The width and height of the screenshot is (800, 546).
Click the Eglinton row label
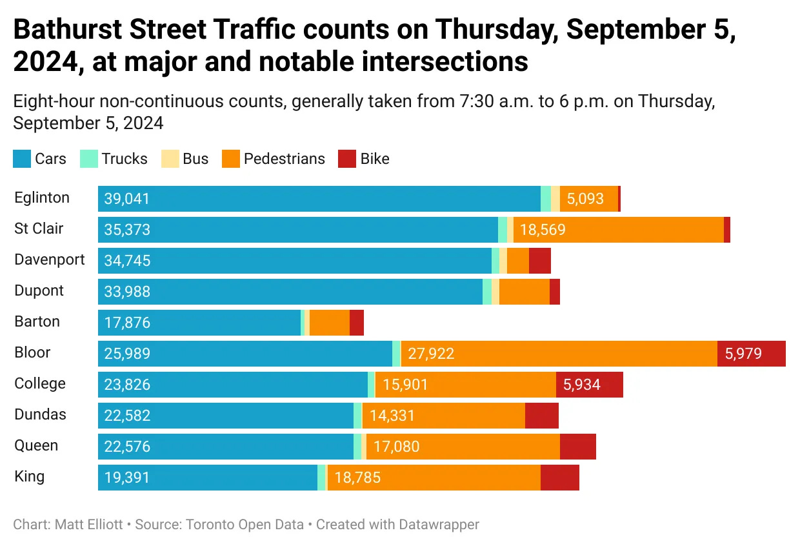(x=42, y=198)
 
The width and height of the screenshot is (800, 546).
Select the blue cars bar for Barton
(x=199, y=323)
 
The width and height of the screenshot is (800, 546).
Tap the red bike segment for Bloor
(x=752, y=354)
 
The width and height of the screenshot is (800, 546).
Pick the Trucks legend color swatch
(x=89, y=159)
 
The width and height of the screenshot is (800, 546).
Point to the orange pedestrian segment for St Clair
(x=618, y=230)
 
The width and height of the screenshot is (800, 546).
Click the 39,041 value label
(x=127, y=199)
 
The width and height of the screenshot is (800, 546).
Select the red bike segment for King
(x=559, y=478)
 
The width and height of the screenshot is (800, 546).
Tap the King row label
(x=30, y=477)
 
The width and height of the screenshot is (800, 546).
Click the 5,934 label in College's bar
(x=581, y=385)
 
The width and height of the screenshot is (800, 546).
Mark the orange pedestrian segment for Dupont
(x=524, y=292)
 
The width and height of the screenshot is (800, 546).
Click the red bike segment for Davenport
(x=539, y=261)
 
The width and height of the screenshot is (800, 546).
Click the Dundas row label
(x=41, y=415)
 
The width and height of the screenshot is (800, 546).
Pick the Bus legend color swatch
(x=170, y=159)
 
